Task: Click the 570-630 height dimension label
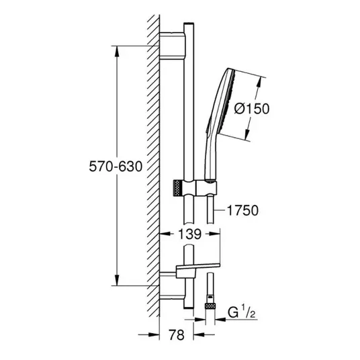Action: pyautogui.click(x=116, y=166)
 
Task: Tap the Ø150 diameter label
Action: pyautogui.click(x=252, y=108)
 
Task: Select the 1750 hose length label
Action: pyautogui.click(x=242, y=210)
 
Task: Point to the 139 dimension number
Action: pyautogui.click(x=189, y=234)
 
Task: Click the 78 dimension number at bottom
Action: pyautogui.click(x=177, y=334)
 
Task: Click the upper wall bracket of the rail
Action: pyautogui.click(x=172, y=46)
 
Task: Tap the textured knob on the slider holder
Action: pyautogui.click(x=177, y=188)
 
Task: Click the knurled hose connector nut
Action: pyautogui.click(x=210, y=306)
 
